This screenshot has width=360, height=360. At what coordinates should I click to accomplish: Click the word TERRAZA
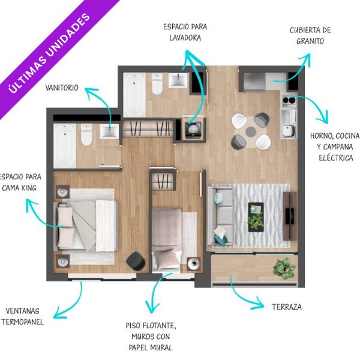point(287,307)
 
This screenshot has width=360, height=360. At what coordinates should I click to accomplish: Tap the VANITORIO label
point(62,88)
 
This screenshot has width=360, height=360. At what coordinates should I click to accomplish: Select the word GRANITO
point(310,41)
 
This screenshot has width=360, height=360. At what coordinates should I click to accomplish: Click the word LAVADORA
point(185,38)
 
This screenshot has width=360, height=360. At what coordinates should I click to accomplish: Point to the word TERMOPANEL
point(23,322)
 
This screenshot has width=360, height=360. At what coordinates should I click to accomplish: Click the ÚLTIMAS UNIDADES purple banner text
point(49,53)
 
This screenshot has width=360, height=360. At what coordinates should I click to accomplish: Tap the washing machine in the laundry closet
point(193,130)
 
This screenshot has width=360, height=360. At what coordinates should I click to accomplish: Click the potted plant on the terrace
point(284,268)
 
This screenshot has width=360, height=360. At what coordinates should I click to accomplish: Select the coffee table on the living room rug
point(256,217)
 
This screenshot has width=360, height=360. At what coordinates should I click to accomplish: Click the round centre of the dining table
point(251,131)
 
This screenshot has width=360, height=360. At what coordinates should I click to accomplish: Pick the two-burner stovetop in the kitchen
point(289,100)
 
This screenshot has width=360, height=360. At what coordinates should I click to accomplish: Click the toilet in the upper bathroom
point(157,83)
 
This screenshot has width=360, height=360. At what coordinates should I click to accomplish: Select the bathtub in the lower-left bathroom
point(65,146)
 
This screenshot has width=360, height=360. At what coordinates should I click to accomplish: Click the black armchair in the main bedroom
point(136,261)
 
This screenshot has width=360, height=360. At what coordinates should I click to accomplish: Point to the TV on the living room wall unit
point(289,216)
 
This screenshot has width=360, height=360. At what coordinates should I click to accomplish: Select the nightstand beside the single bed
point(194,264)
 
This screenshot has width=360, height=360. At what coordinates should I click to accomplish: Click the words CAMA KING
point(19,188)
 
